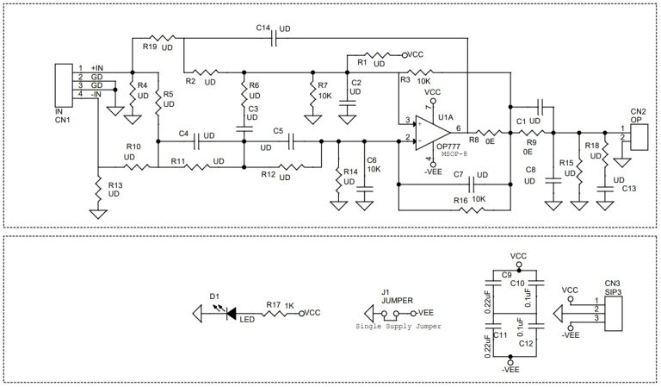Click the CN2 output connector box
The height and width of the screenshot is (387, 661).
pos(638,134)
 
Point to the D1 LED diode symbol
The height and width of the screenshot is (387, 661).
pos(230,314)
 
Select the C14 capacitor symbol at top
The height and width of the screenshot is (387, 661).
pos(274,38)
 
